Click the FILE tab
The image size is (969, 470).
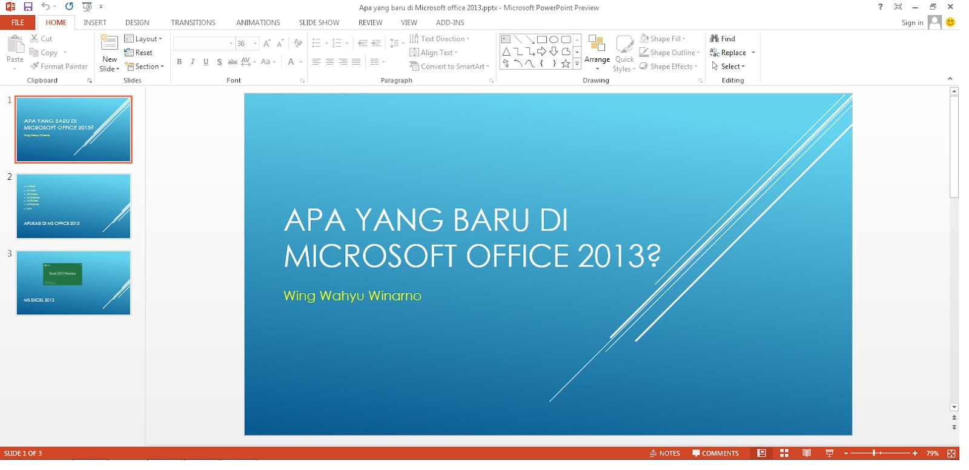[x=18, y=22]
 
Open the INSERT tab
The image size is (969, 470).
[x=95, y=22]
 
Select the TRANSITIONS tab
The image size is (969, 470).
[x=193, y=22]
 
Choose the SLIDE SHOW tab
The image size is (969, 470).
[x=319, y=22]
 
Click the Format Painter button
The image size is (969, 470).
[x=59, y=67]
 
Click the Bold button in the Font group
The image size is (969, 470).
[x=179, y=62]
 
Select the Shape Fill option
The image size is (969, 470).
[x=663, y=39]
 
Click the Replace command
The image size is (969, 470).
[x=733, y=53]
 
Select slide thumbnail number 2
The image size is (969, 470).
[x=73, y=206]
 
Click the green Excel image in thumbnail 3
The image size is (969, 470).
[x=62, y=274]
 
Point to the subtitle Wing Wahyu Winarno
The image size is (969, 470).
[x=352, y=296]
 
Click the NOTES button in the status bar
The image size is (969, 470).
[x=665, y=453]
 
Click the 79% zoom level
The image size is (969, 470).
[x=932, y=453]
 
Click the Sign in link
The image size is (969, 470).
[x=912, y=23]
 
